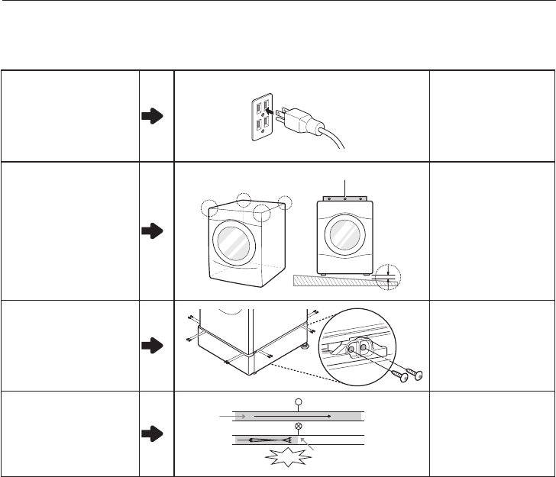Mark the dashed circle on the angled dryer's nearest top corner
(263, 213)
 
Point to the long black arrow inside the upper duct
(290, 417)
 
